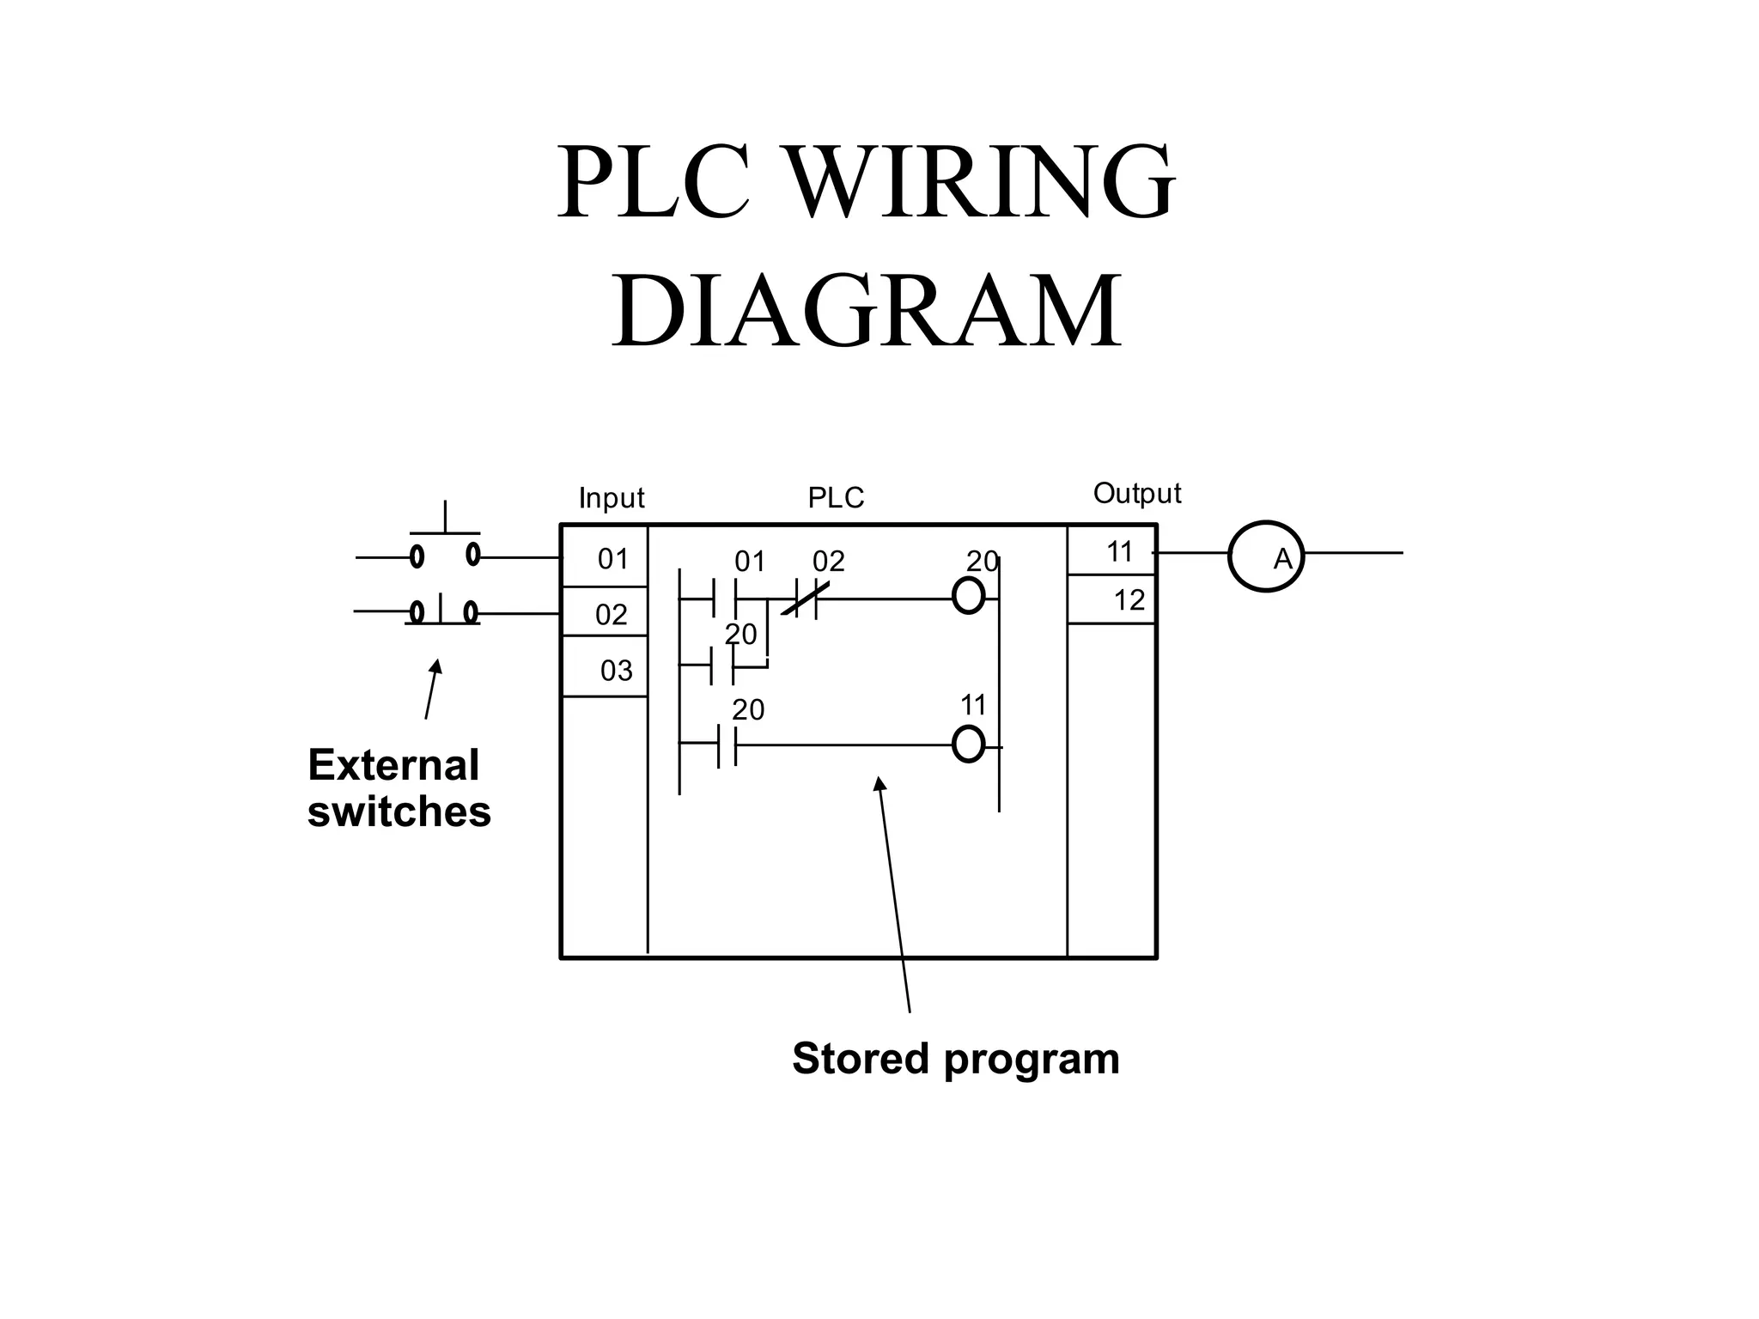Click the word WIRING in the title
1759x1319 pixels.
coord(979,182)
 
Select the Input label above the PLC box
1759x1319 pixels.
coord(611,498)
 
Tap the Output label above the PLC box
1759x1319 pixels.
coord(1136,494)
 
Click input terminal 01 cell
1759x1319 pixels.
coord(605,558)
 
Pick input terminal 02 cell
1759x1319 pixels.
coord(605,613)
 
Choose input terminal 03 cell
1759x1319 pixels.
coord(605,668)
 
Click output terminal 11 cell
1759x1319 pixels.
coord(1111,551)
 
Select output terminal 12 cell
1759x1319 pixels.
coord(1111,599)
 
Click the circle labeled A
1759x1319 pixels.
coord(1266,556)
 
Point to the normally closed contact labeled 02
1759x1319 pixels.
coord(806,598)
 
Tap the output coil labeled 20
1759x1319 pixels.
coord(968,595)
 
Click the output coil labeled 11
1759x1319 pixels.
coord(968,744)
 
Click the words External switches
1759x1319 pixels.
coord(399,788)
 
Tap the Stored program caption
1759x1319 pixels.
coord(955,1058)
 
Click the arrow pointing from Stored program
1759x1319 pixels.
coord(893,893)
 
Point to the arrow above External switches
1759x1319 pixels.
coord(431,689)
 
